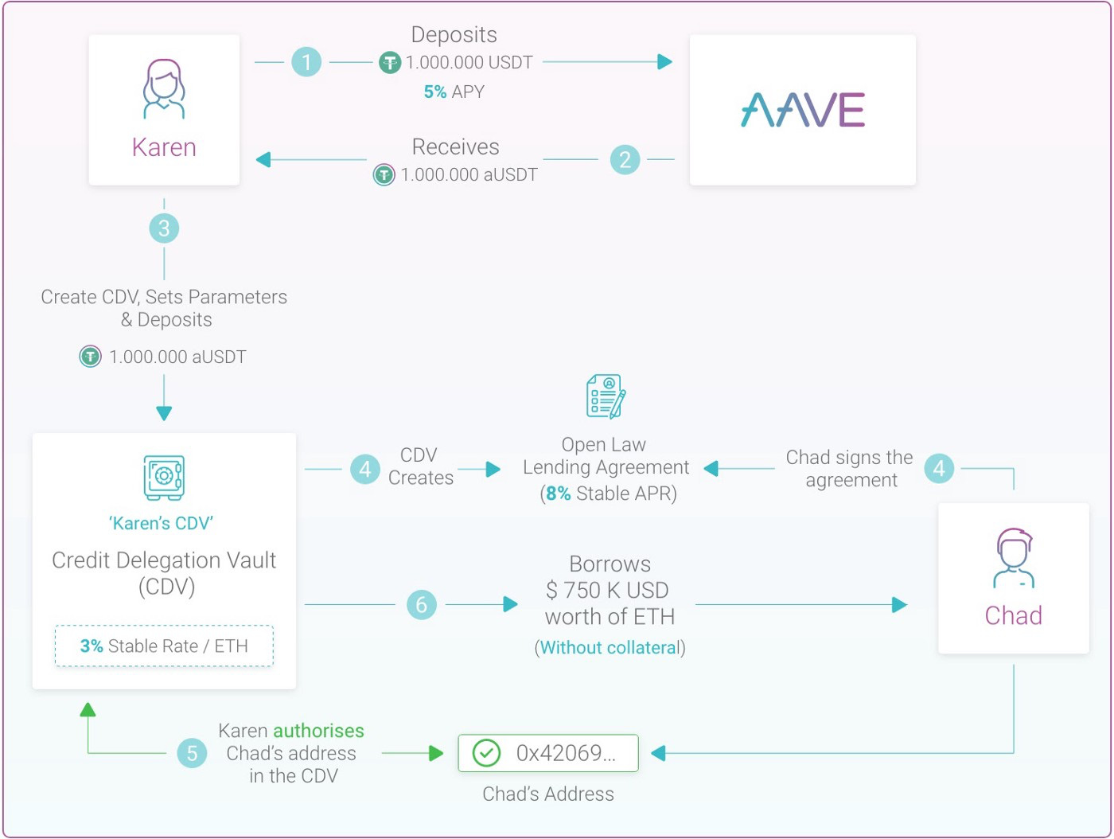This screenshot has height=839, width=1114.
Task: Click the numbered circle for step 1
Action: pyautogui.click(x=306, y=62)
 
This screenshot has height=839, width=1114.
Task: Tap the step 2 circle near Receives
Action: pyautogui.click(x=625, y=160)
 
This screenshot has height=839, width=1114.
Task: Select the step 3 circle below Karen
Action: pyautogui.click(x=164, y=228)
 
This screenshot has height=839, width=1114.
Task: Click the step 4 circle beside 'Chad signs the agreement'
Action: pyautogui.click(x=939, y=469)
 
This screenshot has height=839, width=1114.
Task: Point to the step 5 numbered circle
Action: pyautogui.click(x=192, y=753)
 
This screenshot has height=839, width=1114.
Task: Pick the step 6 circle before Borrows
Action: pyautogui.click(x=422, y=605)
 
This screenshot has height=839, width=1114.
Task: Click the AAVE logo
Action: pyautogui.click(x=802, y=110)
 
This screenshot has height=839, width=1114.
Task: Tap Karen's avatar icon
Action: pyautogui.click(x=164, y=89)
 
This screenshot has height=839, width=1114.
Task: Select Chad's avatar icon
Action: pyautogui.click(x=1013, y=558)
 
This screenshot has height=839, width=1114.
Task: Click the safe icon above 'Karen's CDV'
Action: pyautogui.click(x=164, y=477)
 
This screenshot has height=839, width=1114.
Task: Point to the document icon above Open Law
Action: pyautogui.click(x=606, y=396)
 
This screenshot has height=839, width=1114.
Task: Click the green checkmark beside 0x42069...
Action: pyautogui.click(x=486, y=753)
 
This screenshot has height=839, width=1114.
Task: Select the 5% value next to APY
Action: pyautogui.click(x=434, y=92)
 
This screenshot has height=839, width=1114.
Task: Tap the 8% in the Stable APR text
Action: pyautogui.click(x=559, y=494)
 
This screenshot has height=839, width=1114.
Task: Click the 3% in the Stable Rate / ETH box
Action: pyautogui.click(x=92, y=646)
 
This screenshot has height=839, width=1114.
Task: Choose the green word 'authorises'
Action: pyautogui.click(x=318, y=731)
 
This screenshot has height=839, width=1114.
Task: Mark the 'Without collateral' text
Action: pyautogui.click(x=610, y=648)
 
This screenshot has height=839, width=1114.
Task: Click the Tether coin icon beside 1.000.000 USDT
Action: pyautogui.click(x=389, y=62)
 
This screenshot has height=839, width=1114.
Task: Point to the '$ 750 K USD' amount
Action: pyautogui.click(x=607, y=591)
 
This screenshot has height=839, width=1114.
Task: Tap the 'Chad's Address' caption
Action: pyautogui.click(x=548, y=794)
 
